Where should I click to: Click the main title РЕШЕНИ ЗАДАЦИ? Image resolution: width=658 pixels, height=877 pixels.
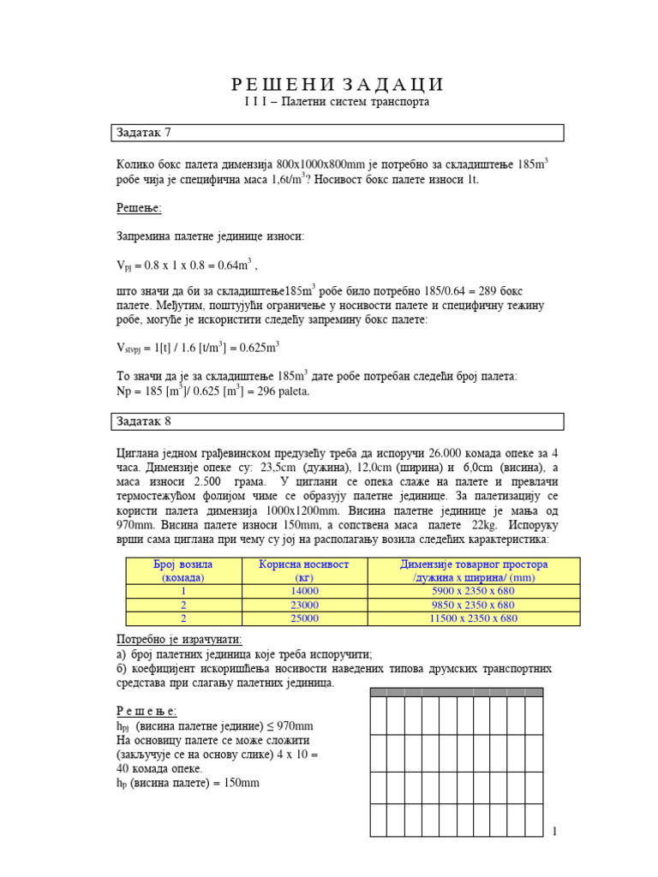[x=338, y=84]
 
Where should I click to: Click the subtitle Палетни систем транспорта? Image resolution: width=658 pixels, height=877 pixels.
[x=337, y=102]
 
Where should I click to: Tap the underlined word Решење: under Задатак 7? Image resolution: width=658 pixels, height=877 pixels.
[x=139, y=208]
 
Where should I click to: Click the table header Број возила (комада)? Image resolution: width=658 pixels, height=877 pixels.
[x=182, y=571]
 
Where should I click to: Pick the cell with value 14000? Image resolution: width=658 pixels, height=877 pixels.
[x=304, y=591]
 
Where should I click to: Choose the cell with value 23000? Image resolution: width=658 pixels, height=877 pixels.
[x=304, y=605]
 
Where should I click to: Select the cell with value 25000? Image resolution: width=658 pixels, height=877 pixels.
[x=304, y=617]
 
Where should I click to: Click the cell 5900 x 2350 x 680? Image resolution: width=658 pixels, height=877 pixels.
[x=474, y=591]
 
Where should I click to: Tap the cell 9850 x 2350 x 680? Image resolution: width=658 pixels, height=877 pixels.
[x=474, y=605]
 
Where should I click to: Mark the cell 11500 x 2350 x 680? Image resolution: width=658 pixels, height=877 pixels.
[x=474, y=617]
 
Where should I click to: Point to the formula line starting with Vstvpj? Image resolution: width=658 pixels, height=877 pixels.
[x=198, y=348]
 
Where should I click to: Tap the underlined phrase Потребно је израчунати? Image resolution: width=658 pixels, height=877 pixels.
[x=179, y=640]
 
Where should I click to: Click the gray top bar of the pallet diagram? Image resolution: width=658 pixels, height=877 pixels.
[x=455, y=692]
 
